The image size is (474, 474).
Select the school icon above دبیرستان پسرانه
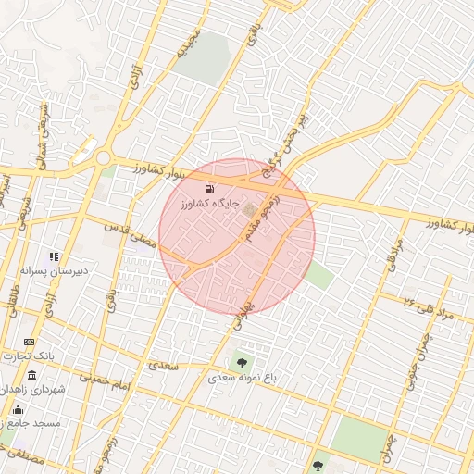(54, 256)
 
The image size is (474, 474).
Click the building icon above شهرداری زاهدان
(32, 375)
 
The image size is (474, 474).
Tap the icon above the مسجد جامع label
(26, 407)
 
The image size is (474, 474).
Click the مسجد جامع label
(34, 422)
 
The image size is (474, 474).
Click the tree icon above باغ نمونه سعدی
(243, 363)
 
